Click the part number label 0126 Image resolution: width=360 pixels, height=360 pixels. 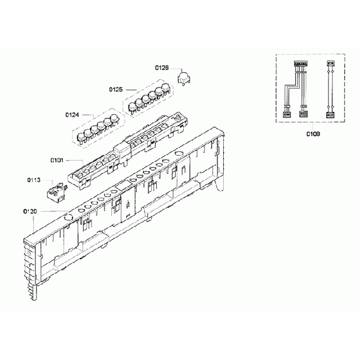162,68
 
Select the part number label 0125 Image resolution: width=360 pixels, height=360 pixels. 116,89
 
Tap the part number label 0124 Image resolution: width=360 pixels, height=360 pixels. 72,115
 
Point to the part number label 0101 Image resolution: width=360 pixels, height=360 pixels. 56,160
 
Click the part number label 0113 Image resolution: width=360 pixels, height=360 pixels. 34,180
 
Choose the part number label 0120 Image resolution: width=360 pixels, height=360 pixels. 30,211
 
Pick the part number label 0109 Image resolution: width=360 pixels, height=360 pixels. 313,133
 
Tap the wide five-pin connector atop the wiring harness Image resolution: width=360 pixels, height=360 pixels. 301,63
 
